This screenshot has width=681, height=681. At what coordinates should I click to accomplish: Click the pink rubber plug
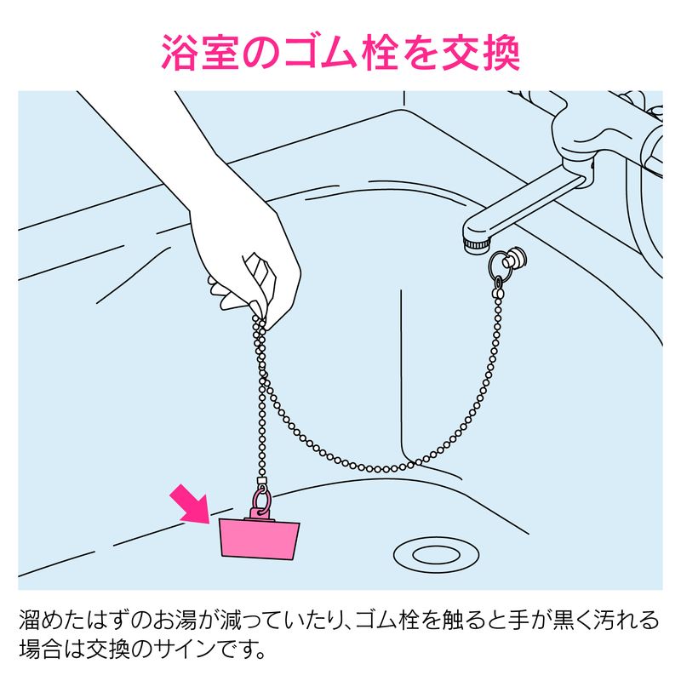pos(260,538)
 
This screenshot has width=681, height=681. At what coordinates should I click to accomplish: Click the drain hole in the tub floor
pos(436,555)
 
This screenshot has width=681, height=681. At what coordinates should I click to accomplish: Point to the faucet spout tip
pos(477,245)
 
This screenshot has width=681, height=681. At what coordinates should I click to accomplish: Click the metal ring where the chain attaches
pos(500,265)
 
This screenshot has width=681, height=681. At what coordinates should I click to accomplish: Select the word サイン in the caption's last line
pos(184,650)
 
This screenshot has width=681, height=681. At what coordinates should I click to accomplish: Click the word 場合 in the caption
pos(40,650)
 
